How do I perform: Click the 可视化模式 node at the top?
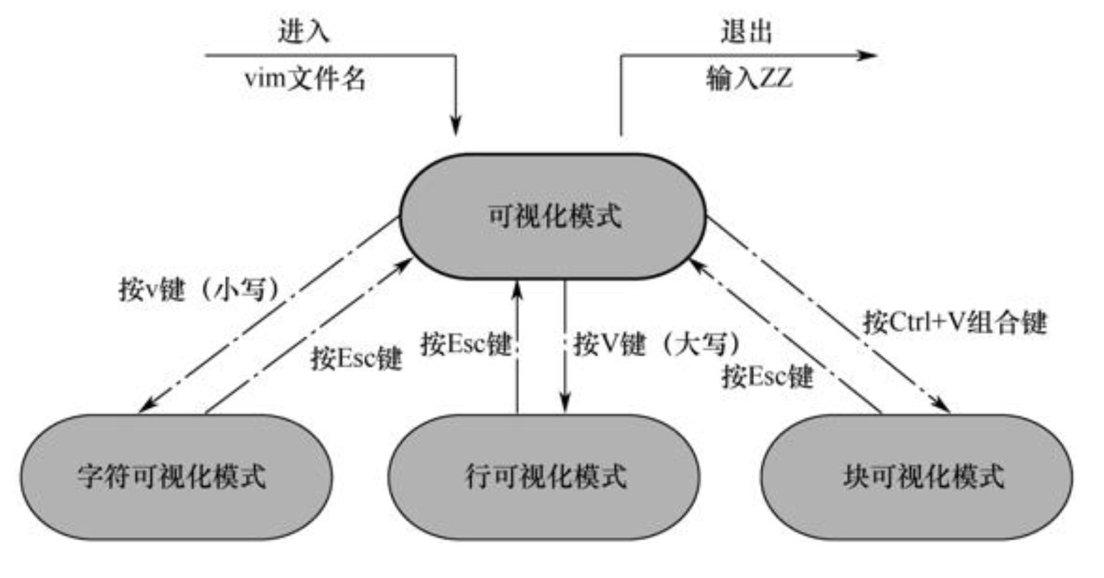coord(553,216)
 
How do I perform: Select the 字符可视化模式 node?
coord(172,476)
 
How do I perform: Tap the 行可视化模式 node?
coord(545,476)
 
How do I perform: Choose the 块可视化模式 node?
coord(923,476)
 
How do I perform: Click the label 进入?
coord(303,32)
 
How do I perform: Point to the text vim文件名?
coord(304,79)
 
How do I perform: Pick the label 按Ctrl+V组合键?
coord(954,322)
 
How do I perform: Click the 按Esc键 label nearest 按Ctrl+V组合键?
coord(768,377)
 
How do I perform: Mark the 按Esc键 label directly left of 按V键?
coord(465,344)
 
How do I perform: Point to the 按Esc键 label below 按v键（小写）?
coord(356,359)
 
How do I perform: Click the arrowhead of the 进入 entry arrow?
coord(455,126)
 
